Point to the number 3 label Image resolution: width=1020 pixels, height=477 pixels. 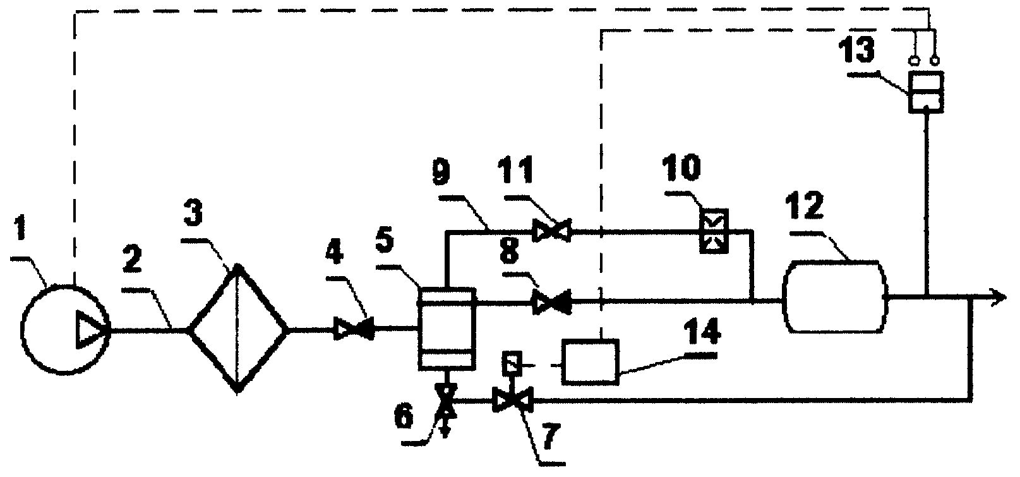(193, 213)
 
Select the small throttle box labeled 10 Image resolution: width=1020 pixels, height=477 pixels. (714, 231)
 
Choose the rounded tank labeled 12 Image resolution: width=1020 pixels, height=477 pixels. (834, 297)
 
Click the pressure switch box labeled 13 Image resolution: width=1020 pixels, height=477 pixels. (926, 92)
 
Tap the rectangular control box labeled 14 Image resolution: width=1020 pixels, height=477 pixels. (590, 362)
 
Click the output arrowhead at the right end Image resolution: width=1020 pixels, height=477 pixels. (1000, 297)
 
